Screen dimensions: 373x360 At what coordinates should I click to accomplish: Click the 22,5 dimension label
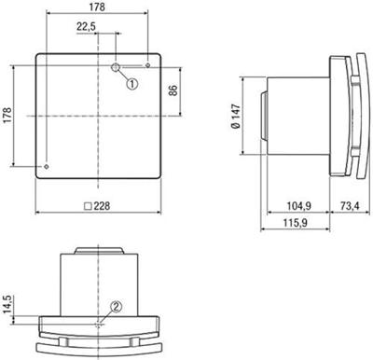(x=86, y=27)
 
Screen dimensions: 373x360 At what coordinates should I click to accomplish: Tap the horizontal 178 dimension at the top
(x=97, y=7)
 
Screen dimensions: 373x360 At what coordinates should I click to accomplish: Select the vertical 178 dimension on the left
(x=7, y=115)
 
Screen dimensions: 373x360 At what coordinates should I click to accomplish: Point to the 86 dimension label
(x=173, y=90)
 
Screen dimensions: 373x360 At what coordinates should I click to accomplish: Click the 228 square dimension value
(x=102, y=206)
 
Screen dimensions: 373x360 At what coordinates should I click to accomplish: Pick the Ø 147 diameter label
(x=236, y=116)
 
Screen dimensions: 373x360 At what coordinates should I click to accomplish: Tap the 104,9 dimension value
(x=298, y=206)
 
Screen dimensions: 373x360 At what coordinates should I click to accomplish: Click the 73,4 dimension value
(x=350, y=206)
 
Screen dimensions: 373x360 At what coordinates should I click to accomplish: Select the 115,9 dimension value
(x=295, y=223)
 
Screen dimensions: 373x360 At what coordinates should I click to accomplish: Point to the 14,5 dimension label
(x=8, y=304)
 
